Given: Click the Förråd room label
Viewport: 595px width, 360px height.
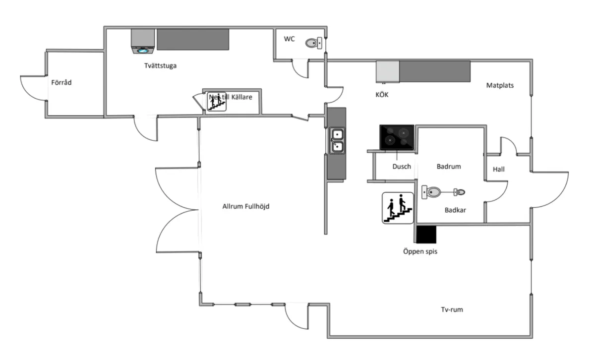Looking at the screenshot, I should pyautogui.click(x=61, y=82).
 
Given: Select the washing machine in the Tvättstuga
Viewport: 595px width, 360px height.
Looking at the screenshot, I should pyautogui.click(x=143, y=41).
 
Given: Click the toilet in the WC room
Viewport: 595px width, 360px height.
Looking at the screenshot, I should pyautogui.click(x=314, y=44).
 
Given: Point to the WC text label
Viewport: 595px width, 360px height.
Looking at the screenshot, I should pyautogui.click(x=290, y=39).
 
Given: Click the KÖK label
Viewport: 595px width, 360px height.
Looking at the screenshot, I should pyautogui.click(x=382, y=95).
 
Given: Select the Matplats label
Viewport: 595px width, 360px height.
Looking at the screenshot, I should pyautogui.click(x=500, y=85).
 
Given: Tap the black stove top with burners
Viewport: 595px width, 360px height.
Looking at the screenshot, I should pyautogui.click(x=397, y=137).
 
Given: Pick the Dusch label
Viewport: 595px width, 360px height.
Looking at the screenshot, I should pyautogui.click(x=402, y=167).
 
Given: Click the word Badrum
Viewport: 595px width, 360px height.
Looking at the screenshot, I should pyautogui.click(x=449, y=167).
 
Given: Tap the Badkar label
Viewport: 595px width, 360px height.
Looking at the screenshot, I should pyautogui.click(x=455, y=210).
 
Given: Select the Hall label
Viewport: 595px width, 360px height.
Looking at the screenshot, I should pyautogui.click(x=499, y=170).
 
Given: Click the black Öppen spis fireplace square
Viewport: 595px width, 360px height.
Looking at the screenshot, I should pyautogui.click(x=426, y=235).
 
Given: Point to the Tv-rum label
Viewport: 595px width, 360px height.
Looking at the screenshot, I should pyautogui.click(x=452, y=309).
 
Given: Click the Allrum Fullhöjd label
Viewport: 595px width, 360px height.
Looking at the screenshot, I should pyautogui.click(x=246, y=207).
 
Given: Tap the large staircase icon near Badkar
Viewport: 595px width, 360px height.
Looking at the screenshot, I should pyautogui.click(x=398, y=208).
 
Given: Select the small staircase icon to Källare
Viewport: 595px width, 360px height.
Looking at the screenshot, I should pyautogui.click(x=217, y=102).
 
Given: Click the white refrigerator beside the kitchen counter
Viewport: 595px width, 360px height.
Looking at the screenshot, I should pyautogui.click(x=387, y=71).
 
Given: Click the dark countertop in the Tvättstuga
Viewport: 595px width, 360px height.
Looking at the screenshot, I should pyautogui.click(x=193, y=39).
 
